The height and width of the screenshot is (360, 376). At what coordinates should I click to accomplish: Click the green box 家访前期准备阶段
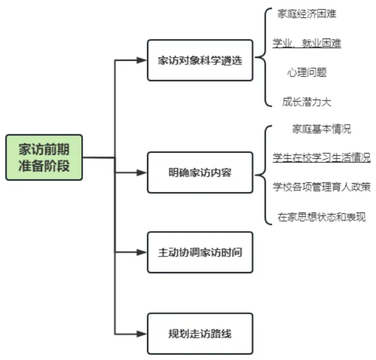(44, 157)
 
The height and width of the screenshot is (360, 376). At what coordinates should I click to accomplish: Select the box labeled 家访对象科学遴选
(200, 60)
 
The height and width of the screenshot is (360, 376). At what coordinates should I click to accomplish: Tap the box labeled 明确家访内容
(200, 172)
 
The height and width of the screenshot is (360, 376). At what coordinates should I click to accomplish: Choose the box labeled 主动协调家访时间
(200, 252)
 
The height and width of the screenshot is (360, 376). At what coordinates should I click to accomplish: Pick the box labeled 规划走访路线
(200, 333)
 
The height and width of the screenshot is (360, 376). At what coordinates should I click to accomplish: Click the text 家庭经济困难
(307, 14)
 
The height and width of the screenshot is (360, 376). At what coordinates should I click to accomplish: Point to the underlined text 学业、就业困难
(307, 43)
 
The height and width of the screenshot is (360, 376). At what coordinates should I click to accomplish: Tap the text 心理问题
(307, 73)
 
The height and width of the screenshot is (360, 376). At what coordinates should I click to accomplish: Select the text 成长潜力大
(307, 102)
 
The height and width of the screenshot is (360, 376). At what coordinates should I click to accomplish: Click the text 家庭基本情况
(321, 129)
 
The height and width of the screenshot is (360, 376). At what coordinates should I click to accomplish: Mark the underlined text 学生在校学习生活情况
(321, 158)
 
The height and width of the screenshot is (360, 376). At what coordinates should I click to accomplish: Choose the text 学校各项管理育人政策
(321, 187)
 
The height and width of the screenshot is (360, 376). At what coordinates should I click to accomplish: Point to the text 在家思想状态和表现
(321, 217)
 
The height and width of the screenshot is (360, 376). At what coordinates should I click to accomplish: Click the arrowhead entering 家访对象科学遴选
(142, 60)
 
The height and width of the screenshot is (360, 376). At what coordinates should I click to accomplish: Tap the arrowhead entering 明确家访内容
(142, 172)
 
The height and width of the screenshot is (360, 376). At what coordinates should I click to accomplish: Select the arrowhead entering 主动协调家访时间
(142, 252)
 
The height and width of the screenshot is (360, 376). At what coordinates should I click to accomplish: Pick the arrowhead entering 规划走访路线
(142, 333)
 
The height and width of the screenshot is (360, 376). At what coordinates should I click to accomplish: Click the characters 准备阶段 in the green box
(44, 166)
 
